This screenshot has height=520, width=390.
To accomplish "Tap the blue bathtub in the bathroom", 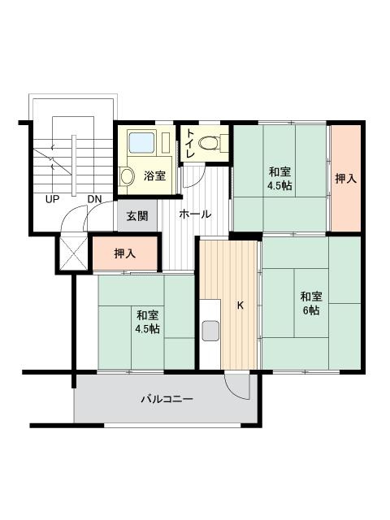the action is (142, 143).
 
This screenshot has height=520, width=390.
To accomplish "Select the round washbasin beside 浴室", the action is (127, 175).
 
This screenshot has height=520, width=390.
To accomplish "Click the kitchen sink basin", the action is (210, 331).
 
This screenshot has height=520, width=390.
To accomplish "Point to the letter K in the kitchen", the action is (240, 305).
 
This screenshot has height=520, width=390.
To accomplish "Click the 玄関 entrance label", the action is (137, 216).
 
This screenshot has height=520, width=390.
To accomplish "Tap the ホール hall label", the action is (195, 214).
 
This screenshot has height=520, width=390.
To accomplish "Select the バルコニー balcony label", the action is (167, 399).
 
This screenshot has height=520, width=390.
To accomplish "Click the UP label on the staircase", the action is (52, 199).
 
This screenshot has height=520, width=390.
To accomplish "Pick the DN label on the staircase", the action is (94, 199).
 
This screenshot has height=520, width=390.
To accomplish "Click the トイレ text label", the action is (190, 143).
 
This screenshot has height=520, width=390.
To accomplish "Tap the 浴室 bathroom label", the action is (154, 175).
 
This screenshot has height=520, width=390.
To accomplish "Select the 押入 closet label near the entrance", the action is (124, 253).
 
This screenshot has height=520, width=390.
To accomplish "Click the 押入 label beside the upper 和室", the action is (346, 179).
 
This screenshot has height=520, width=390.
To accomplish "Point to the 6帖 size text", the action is (311, 310).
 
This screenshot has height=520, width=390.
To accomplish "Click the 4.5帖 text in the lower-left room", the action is (147, 329).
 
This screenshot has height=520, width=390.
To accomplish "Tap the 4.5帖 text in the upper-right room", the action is (279, 186).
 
